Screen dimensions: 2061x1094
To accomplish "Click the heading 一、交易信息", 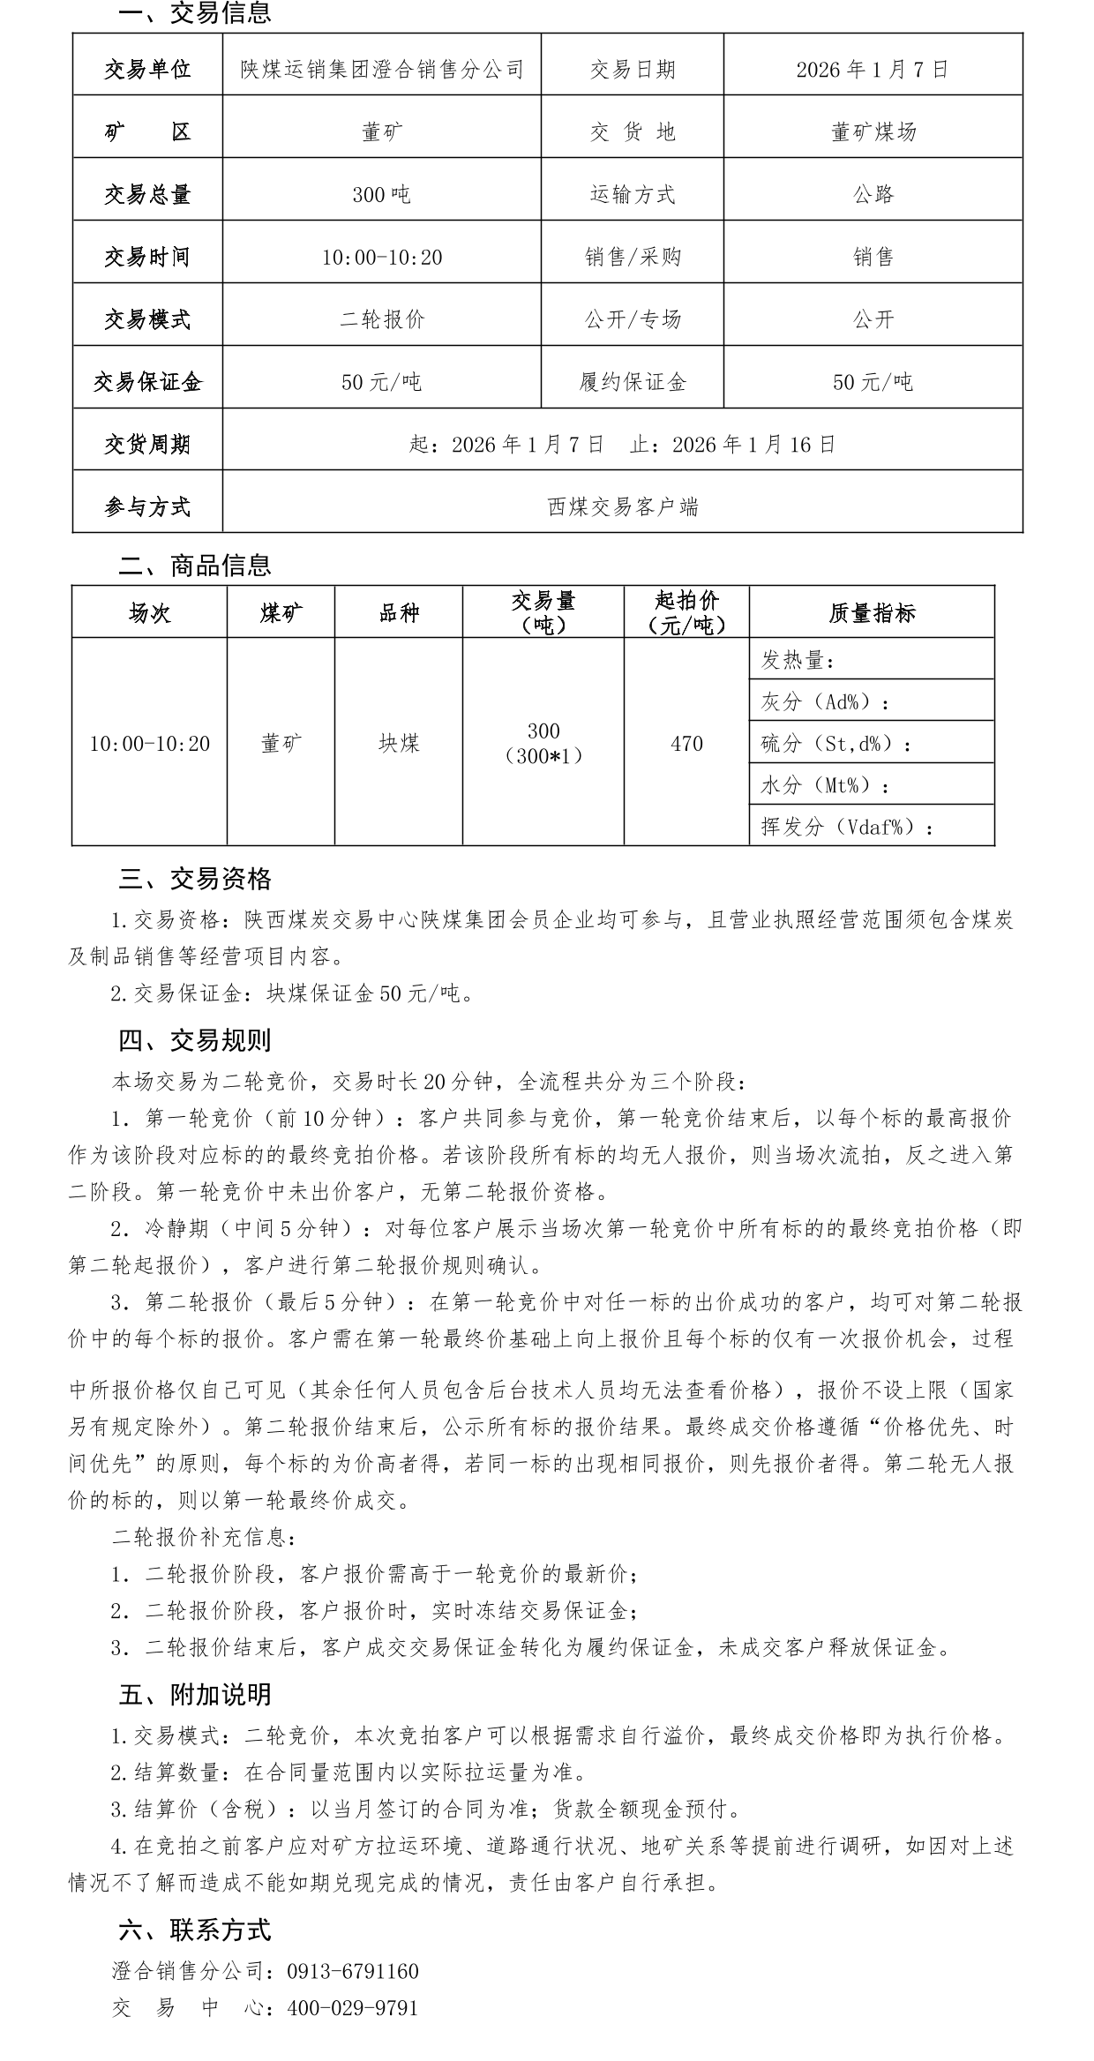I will coord(195,13).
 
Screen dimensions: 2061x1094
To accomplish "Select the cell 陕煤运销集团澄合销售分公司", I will coord(382,70).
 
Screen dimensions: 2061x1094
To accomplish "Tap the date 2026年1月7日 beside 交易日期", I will coord(872,70).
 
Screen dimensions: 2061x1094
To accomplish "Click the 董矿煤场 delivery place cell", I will coord(873,132).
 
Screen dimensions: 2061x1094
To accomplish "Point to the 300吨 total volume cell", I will coord(381,195).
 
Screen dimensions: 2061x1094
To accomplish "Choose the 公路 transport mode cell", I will coord(873,195).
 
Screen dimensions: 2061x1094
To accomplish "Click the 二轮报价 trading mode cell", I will coord(382,319).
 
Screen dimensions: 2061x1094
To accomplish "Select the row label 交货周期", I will coord(147,445).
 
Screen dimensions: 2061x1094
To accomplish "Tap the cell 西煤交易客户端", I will coord(622,507).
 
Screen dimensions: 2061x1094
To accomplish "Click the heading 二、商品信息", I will coord(195,565).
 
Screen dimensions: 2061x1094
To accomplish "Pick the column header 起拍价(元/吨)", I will coord(686,612).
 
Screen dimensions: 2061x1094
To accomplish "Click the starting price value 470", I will coord(686,744).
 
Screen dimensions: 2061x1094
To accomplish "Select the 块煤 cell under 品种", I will coord(399,744).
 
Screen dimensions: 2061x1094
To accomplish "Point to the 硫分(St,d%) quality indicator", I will coord(835,744).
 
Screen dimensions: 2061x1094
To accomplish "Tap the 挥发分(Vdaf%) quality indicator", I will coord(847,827).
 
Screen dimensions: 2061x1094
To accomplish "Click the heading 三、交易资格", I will coord(195,879).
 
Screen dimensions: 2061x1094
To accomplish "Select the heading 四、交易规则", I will coord(195,1041).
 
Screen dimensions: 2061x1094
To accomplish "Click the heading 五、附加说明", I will coord(195,1695).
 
